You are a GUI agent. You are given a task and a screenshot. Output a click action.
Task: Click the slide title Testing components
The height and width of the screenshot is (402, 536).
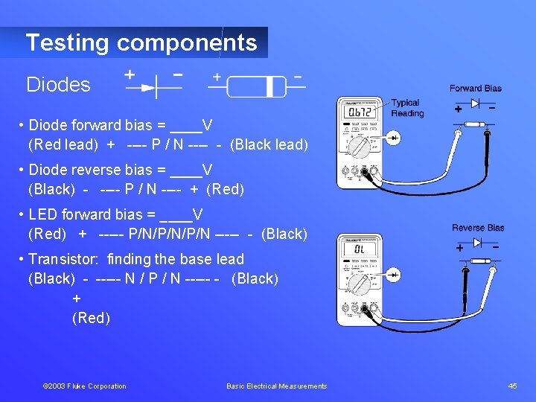(x=141, y=42)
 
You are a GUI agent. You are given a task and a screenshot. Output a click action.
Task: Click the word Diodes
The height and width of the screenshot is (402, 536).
(x=58, y=85)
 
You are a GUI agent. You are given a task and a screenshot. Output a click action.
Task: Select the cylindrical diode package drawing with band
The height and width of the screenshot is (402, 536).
(x=256, y=87)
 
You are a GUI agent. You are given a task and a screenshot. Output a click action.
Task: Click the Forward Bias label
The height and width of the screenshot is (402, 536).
(x=475, y=89)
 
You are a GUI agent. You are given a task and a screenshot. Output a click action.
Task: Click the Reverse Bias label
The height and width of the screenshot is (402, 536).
(x=478, y=228)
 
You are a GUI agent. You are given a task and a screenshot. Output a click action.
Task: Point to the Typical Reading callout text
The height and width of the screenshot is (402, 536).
(x=406, y=108)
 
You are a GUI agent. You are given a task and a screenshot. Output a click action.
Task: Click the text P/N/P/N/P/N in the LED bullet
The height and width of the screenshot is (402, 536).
(x=169, y=234)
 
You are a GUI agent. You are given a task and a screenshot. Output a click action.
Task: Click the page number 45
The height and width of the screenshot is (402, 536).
(x=512, y=386)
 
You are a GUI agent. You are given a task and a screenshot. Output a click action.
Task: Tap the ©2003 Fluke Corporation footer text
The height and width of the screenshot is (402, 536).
(x=84, y=386)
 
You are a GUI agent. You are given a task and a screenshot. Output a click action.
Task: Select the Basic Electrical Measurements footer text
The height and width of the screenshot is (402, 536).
(x=276, y=386)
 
